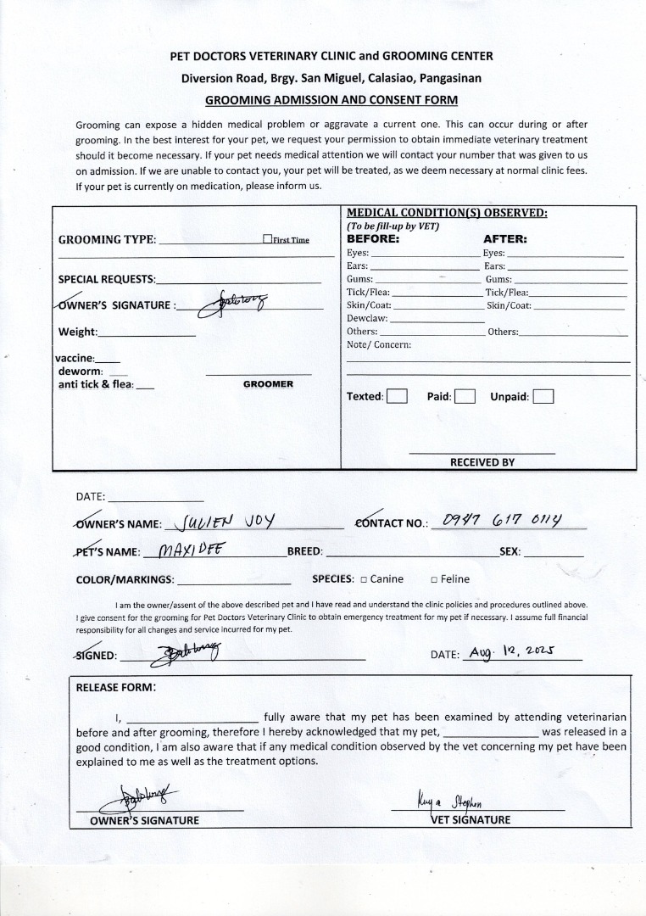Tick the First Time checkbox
(x=267, y=239)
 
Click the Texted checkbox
(x=397, y=396)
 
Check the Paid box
(x=464, y=396)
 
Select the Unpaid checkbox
(x=543, y=396)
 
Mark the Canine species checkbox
(x=363, y=579)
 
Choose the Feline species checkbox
(x=433, y=579)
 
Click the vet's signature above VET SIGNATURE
(x=456, y=801)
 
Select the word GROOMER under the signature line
(x=268, y=384)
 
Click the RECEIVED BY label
(x=482, y=462)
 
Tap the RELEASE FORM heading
(x=115, y=687)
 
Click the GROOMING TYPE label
(x=107, y=240)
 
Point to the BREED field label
(x=304, y=551)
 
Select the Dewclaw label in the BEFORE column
(x=367, y=318)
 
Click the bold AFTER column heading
(x=504, y=239)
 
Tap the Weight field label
(x=78, y=332)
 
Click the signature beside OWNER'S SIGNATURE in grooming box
(x=231, y=302)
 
